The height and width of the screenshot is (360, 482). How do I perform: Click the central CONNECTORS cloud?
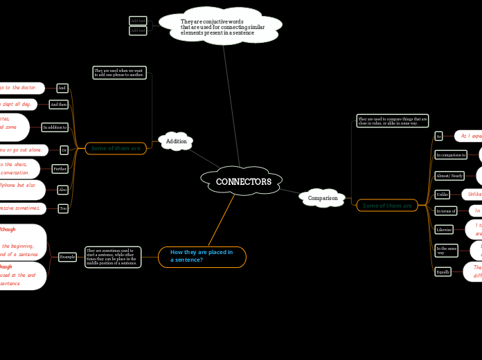pos(243,182)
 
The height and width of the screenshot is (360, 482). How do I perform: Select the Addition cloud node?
pos(176,141)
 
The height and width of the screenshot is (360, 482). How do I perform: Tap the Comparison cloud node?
pos(323,198)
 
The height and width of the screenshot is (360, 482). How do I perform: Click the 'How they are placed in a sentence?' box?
pos(202,256)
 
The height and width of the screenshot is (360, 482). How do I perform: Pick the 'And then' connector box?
pos(59,105)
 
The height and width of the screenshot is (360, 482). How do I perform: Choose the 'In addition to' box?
pos(55,127)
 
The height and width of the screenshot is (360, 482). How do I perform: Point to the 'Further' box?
pos(60,169)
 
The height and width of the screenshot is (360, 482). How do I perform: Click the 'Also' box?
pos(63,190)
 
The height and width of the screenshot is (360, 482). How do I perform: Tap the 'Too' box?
pos(63,208)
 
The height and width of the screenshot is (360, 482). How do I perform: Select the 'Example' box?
pos(67,257)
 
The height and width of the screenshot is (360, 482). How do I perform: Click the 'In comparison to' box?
pos(450,155)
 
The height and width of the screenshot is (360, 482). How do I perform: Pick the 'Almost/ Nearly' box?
pos(449,176)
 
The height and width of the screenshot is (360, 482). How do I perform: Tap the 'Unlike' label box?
pos(442,195)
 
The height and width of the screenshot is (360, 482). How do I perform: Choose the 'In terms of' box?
pos(445,210)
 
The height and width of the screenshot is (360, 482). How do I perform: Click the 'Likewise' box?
pos(444,229)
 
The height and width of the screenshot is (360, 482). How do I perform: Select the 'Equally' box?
pos(443,272)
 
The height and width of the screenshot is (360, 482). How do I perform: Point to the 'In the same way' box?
pos(446,250)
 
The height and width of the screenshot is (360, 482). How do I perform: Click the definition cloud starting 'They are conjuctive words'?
pos(222,27)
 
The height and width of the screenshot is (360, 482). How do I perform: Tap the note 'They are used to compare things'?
pos(392,121)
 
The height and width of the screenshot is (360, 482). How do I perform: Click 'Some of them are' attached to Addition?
pos(116,148)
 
